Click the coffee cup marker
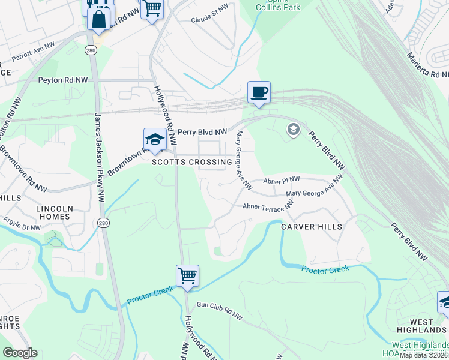(x=259, y=93)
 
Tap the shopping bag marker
(x=99, y=18)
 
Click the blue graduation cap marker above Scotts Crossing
(x=154, y=140)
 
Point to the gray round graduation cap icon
(x=293, y=130)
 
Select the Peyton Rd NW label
(x=63, y=80)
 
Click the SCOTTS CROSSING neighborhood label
(x=191, y=162)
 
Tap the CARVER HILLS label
(x=312, y=227)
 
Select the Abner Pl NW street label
(x=282, y=181)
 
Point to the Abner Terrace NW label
(x=267, y=206)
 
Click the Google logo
(x=20, y=353)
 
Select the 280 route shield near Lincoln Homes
(x=103, y=222)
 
